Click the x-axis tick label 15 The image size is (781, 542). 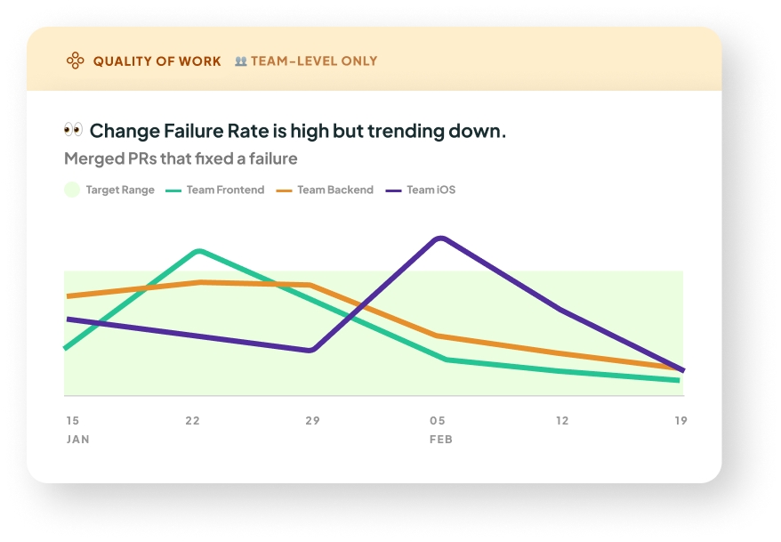click(72, 420)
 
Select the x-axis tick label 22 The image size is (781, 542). click(192, 420)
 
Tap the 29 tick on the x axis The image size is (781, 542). click(312, 420)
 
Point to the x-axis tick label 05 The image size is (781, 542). click(438, 420)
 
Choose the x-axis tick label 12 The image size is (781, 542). click(561, 420)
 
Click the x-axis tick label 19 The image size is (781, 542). click(680, 420)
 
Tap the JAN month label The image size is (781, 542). click(77, 439)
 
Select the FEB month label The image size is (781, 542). click(441, 439)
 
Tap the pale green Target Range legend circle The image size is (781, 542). click(72, 190)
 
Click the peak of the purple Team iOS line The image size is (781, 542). click(439, 238)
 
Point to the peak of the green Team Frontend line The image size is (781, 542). click(198, 251)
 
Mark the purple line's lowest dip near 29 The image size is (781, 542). click(310, 351)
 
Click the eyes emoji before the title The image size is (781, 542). click(73, 130)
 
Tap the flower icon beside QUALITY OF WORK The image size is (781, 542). click(76, 61)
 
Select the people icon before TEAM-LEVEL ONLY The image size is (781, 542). click(240, 61)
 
